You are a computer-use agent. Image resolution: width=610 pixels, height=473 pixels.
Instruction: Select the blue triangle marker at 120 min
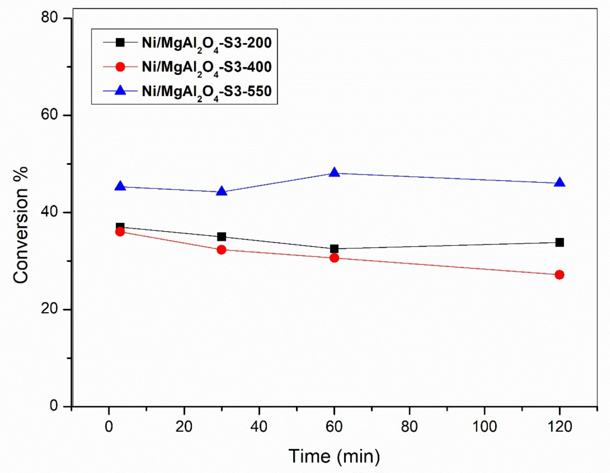pos(559,183)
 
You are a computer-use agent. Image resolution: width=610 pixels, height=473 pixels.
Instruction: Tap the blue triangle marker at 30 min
pos(222,191)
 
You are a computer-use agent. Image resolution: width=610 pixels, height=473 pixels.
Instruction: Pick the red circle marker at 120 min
pos(559,275)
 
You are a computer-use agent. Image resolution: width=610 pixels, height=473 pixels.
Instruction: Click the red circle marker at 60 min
pos(334,258)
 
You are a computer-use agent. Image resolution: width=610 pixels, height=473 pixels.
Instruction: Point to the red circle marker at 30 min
pos(222,249)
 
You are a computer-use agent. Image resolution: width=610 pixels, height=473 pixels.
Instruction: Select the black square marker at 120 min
pos(559,242)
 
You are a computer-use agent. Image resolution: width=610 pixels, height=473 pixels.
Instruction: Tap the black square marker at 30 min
pos(222,237)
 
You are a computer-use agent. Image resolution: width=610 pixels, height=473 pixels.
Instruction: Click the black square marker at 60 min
pos(334,249)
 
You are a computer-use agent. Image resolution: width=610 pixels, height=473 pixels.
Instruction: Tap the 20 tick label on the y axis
pos(49,309)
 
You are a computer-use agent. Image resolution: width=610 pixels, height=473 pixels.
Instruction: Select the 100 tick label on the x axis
pos(485,427)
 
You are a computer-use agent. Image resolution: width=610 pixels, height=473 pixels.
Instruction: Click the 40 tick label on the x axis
pos(259,427)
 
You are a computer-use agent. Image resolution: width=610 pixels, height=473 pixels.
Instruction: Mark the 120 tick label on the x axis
pos(559,427)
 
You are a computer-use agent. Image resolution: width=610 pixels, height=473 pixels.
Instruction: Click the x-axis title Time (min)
pos(334,457)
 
